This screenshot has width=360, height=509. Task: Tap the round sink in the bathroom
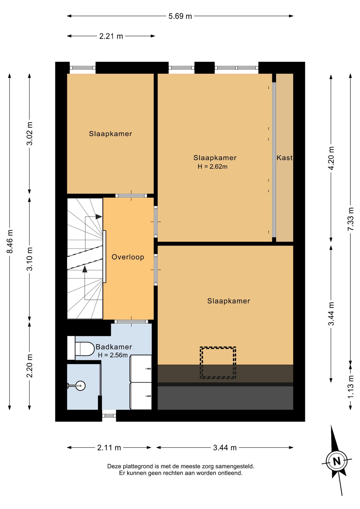(x=80, y=385)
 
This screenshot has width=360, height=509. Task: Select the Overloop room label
(x=128, y=257)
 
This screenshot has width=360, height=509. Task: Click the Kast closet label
(x=284, y=158)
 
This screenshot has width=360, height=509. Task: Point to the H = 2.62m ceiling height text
(x=213, y=166)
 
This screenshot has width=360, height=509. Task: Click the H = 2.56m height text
(x=113, y=355)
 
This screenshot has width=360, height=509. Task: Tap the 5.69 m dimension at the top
(x=180, y=16)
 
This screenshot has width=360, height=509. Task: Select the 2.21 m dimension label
(x=111, y=36)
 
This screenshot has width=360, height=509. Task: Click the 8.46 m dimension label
(x=10, y=241)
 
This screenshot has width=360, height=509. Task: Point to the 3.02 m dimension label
(x=30, y=134)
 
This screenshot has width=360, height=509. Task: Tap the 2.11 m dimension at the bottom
(x=109, y=448)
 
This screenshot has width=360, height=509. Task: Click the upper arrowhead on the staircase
(x=99, y=217)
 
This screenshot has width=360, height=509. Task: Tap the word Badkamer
(x=114, y=347)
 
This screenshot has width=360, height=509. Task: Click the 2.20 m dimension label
(x=30, y=366)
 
